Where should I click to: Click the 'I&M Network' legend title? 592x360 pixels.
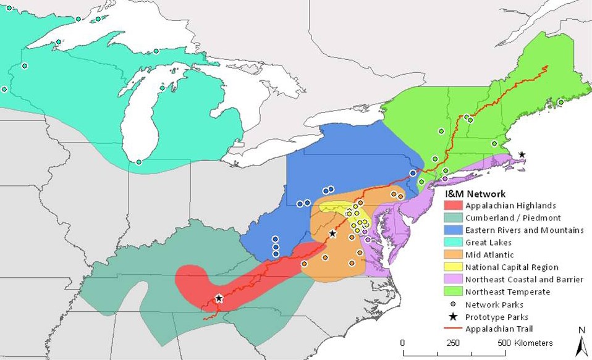(475, 193)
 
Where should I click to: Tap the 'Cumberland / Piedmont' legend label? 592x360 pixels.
(504, 218)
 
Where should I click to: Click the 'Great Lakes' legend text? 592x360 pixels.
(488, 243)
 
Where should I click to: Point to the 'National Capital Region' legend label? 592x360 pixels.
(512, 267)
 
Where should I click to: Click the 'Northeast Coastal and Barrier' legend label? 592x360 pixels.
(524, 280)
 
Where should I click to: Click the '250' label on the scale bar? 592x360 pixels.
(453, 343)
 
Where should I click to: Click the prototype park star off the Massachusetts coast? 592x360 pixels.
(522, 154)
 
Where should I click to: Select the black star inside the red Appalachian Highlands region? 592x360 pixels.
(219, 298)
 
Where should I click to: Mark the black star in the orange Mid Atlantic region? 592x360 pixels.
(332, 233)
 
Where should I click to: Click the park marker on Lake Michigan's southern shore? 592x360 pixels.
(139, 162)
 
